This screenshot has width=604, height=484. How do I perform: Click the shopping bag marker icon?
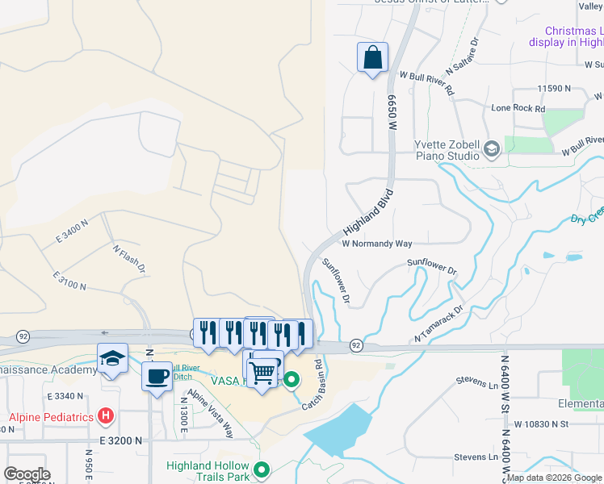pos(372,58)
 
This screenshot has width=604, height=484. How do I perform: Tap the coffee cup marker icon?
pos(157,375)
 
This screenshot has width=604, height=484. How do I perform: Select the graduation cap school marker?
pos(113,359)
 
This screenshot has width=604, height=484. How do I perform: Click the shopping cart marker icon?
pos(262,373)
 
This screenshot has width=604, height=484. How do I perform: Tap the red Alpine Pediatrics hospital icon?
pos(105,416)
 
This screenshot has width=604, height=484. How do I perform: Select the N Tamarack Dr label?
pos(439,323)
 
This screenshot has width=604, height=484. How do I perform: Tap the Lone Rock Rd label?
pos(518,108)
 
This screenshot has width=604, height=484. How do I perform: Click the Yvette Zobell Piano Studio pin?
pos(491,149)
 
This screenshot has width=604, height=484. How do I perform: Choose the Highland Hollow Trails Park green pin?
pos(261,469)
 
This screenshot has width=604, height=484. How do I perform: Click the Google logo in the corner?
pos(27,474)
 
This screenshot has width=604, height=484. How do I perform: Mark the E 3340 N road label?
pos(65,396)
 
